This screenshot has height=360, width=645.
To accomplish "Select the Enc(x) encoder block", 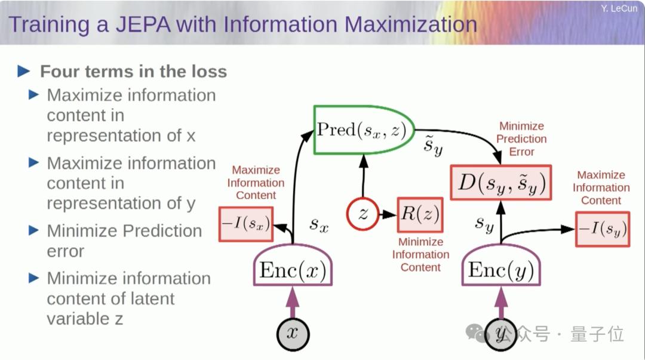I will point(293,270).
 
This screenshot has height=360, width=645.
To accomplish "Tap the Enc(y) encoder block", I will point(501,270).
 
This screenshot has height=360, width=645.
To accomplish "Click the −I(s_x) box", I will point(244,224).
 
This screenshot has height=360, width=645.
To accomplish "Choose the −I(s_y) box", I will point(601,229).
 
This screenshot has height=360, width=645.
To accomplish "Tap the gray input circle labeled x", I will point(293,333).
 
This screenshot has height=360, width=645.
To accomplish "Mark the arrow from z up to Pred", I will point(363,176).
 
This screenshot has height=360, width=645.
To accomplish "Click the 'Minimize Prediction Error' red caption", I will point(521,139).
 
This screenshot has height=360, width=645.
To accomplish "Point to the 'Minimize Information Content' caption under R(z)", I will point(420,255).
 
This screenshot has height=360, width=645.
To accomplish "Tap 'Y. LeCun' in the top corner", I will point(619,8).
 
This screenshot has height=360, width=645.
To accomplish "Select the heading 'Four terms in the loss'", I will point(133,72).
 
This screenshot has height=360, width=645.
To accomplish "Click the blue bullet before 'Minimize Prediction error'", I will point(35,230).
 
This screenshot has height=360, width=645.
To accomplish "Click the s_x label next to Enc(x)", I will point(320,224).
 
